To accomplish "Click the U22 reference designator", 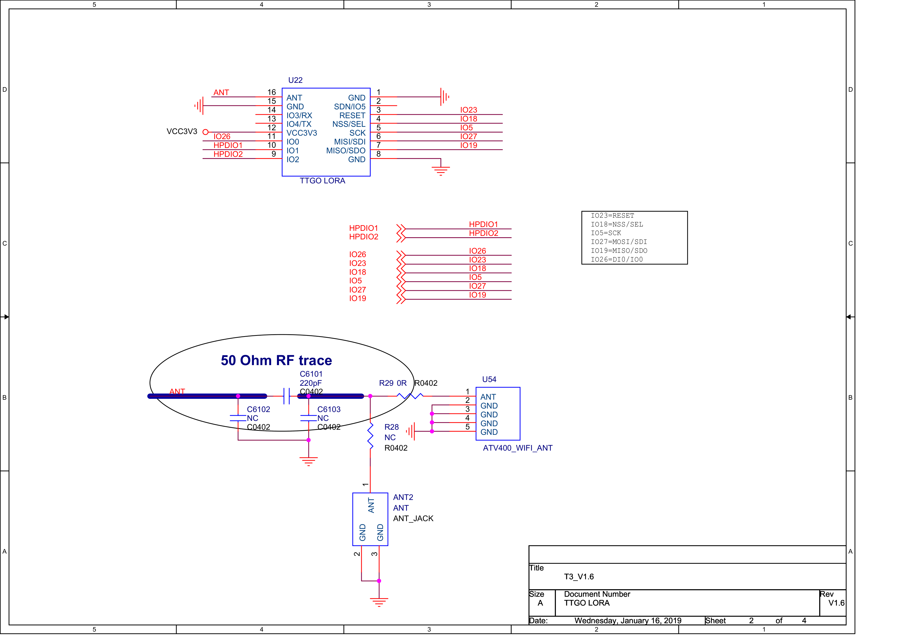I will [295, 80].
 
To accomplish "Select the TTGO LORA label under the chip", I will [322, 181].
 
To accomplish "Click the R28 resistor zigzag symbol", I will [370, 436].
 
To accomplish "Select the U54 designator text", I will [489, 380].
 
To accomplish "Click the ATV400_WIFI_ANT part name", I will [517, 448].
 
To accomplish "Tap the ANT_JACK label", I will [413, 518].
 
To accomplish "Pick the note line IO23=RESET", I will [612, 216].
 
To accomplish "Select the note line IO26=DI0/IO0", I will [617, 259].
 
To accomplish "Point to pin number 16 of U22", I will [272, 92].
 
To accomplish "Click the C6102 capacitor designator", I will [258, 409].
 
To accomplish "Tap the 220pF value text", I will [310, 383].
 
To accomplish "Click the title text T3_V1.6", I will [578, 577].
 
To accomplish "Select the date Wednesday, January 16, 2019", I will [628, 621].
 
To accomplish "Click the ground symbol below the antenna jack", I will [379, 602].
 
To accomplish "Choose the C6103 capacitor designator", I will [329, 409].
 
